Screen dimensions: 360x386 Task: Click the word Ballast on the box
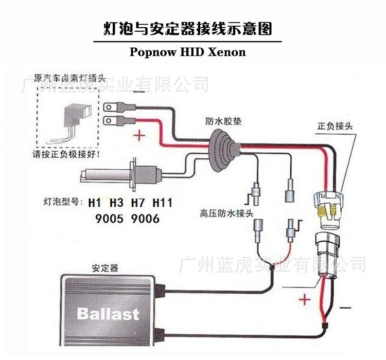pos(108,313)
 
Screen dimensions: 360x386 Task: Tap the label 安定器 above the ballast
pos(105,268)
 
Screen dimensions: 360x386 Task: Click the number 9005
pos(110,219)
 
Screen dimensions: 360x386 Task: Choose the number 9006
pos(145,219)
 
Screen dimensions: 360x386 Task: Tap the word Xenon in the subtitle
pos(229,52)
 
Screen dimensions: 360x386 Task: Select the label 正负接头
pos(335,126)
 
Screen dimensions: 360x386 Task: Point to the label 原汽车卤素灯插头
pos(69,79)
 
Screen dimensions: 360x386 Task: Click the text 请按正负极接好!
pos(67,154)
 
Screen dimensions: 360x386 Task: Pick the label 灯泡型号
pos(61,202)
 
